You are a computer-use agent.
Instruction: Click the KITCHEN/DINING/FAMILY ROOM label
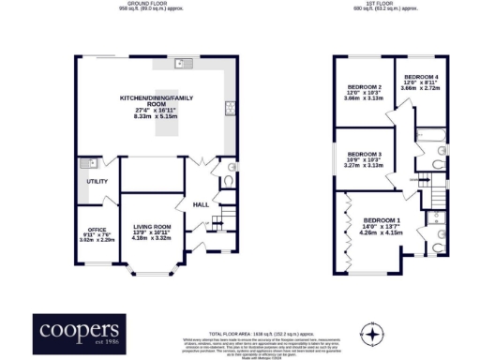pos(156,100)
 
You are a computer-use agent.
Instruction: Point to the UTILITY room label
pos(97,181)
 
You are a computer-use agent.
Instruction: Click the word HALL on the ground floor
pos(200,203)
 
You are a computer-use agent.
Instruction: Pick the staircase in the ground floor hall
pos(217,222)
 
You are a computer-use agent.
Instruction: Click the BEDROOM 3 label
pos(365,154)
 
